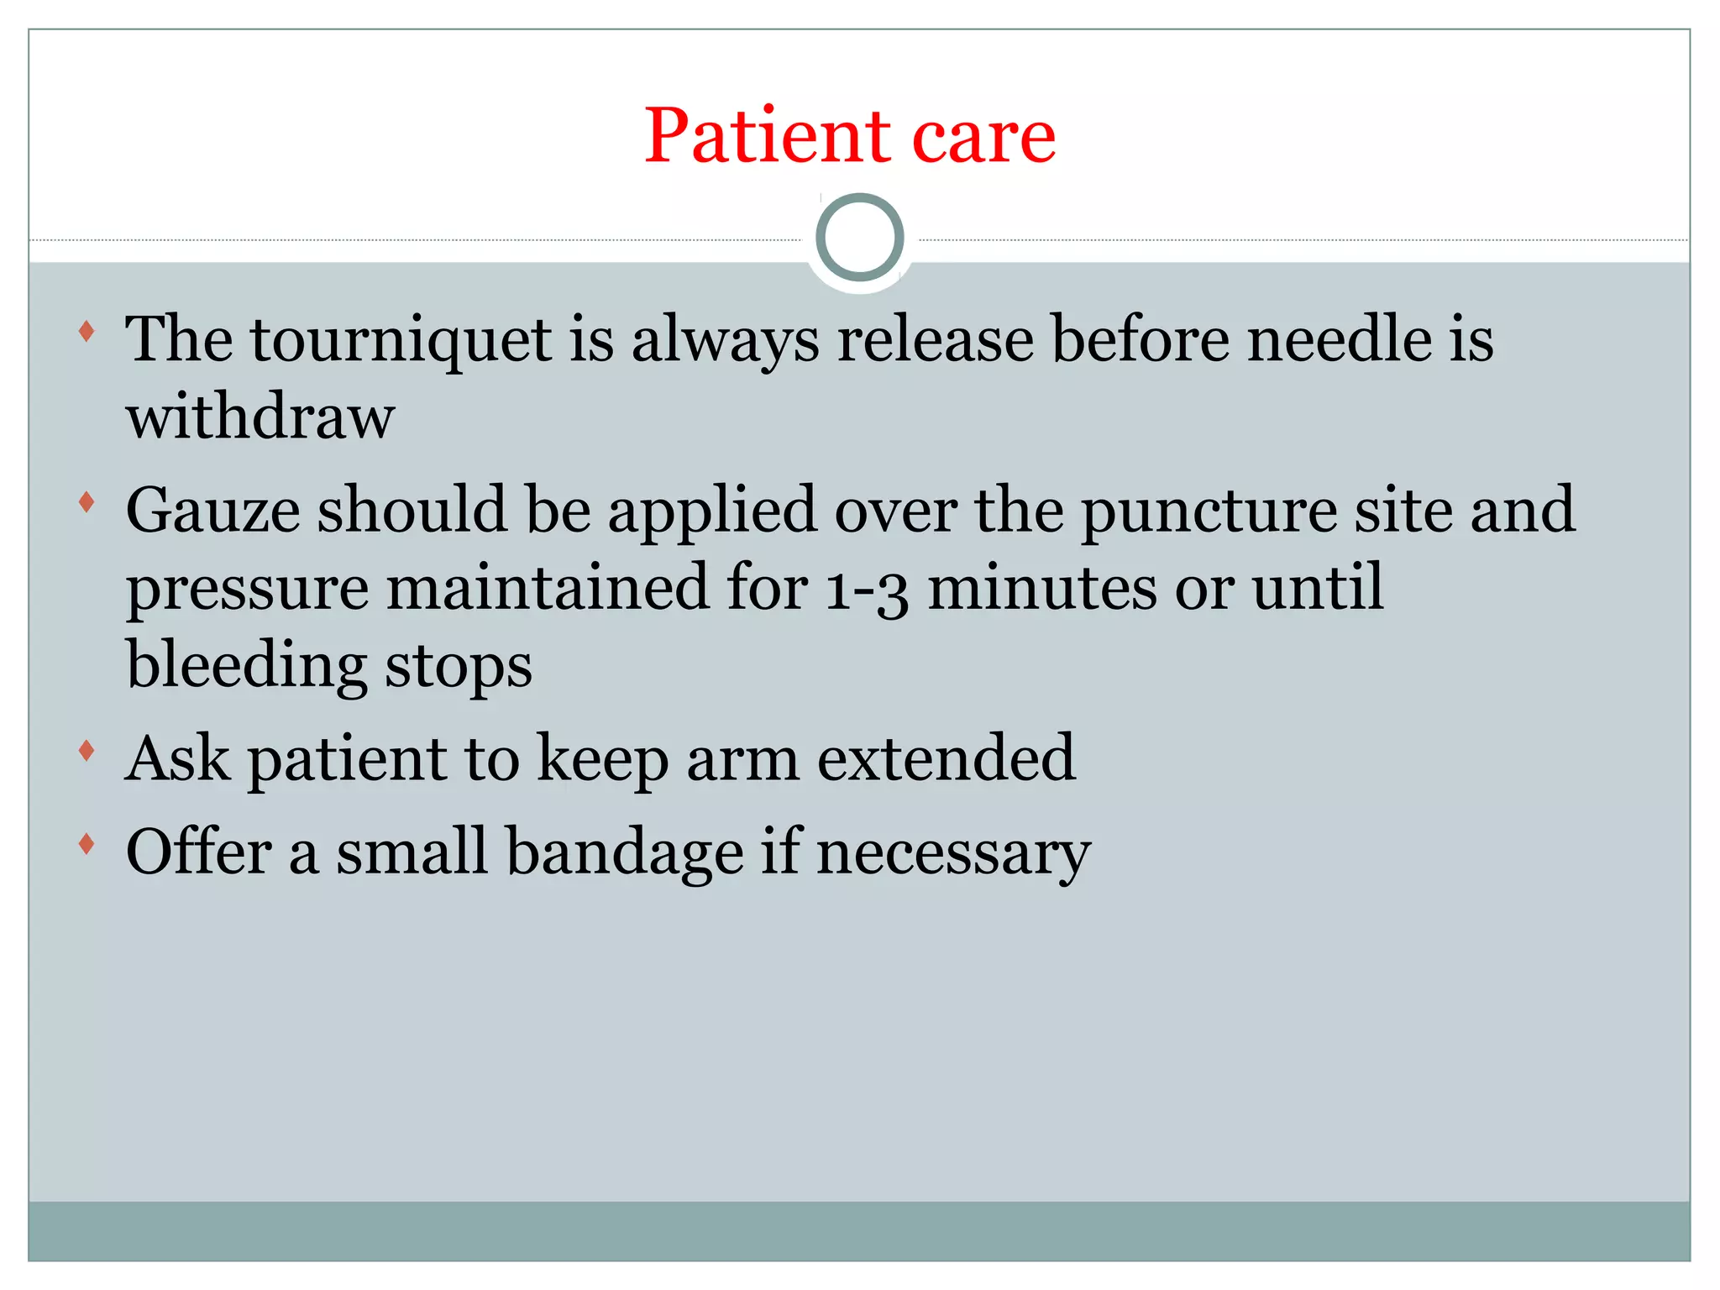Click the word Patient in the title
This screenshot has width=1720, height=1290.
(767, 136)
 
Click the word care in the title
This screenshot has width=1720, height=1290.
(983, 138)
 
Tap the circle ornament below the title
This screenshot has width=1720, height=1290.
(859, 238)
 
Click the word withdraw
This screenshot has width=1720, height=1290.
(260, 417)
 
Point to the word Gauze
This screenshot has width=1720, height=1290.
(212, 510)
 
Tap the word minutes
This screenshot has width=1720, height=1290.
(1041, 587)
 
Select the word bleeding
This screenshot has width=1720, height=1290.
(246, 666)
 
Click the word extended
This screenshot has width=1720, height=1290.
(946, 758)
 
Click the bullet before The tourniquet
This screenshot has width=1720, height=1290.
(87, 331)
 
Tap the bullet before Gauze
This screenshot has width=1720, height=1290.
(87, 502)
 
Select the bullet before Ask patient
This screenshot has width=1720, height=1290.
(87, 750)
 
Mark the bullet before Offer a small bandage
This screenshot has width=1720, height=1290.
(87, 843)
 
